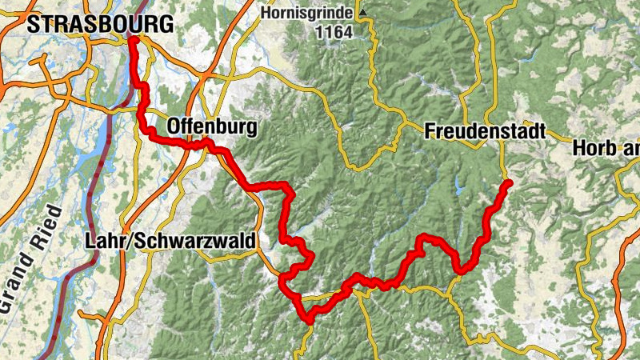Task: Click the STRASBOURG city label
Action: (99, 25)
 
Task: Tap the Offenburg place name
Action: (212, 126)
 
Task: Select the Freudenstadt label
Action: (486, 130)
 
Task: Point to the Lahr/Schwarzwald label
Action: (170, 241)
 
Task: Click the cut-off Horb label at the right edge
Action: (606, 148)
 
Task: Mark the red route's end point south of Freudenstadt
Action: (507, 184)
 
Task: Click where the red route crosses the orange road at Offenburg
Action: (206, 143)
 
